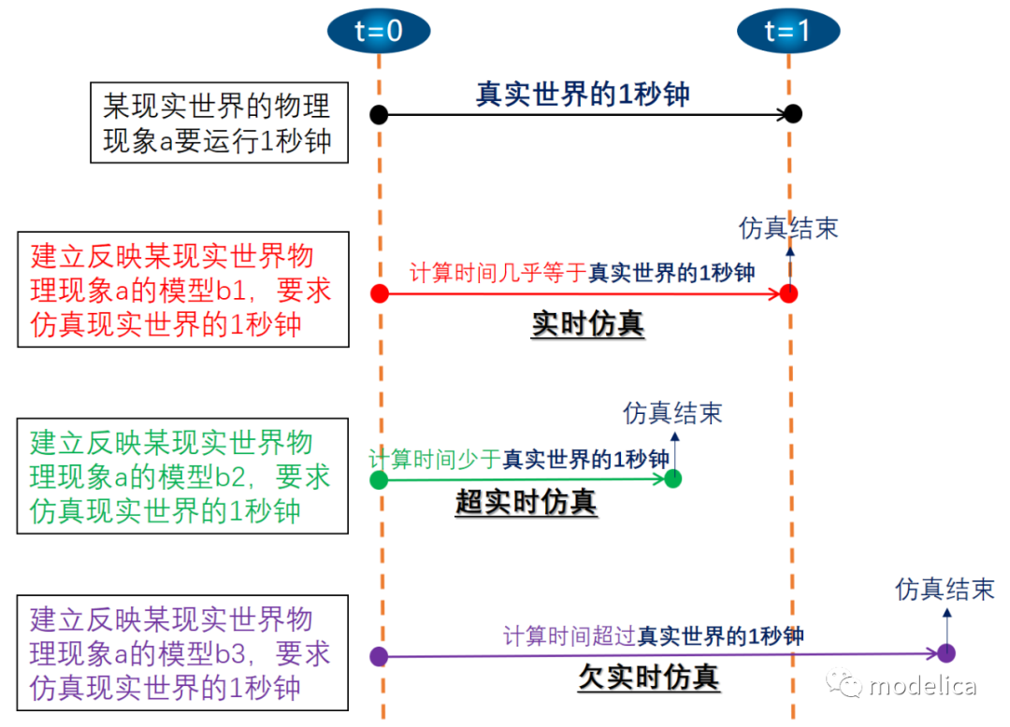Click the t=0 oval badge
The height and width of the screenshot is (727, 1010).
click(379, 31)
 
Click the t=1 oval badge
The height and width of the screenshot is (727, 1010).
click(787, 31)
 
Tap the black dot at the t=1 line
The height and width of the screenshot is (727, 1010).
click(792, 114)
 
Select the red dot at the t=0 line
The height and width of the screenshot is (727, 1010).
click(379, 293)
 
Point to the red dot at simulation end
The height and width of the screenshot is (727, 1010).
click(788, 293)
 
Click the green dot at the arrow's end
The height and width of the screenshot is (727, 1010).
click(672, 478)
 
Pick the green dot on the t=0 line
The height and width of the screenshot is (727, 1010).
click(379, 479)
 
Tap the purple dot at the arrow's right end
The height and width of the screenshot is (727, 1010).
click(945, 653)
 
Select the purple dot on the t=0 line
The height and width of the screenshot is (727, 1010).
click(379, 656)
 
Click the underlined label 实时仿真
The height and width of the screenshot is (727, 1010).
click(587, 324)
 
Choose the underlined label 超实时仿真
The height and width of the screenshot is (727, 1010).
click(526, 502)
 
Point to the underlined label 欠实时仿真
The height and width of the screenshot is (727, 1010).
click(648, 677)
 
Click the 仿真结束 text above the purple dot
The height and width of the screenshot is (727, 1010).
click(945, 589)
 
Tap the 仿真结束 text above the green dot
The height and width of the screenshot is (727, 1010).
click(672, 413)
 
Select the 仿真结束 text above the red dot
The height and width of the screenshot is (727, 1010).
click(788, 228)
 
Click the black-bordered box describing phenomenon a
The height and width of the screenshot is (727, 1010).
click(219, 122)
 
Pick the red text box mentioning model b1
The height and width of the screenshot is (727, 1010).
click(182, 290)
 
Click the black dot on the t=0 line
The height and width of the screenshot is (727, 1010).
click(379, 115)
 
